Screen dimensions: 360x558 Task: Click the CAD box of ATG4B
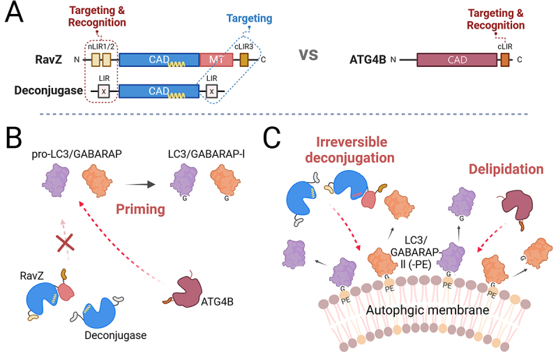453,60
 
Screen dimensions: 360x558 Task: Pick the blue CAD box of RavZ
158,60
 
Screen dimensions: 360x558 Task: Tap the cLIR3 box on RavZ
244,60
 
